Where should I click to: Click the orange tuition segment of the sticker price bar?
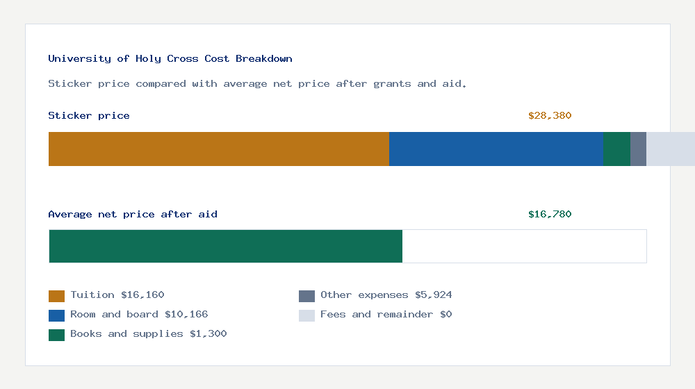[x=218, y=149]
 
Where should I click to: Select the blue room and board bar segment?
[x=496, y=149]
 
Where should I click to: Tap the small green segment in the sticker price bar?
[x=616, y=149]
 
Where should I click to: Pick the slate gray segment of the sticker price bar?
[x=638, y=149]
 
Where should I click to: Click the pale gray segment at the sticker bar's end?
[x=671, y=149]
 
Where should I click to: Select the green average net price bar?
[x=225, y=246]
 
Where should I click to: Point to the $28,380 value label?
[x=550, y=116]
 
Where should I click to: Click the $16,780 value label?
[x=550, y=215]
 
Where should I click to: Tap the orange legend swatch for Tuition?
[x=56, y=296]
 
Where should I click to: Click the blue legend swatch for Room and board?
[x=56, y=315]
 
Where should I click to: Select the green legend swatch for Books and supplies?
[x=56, y=335]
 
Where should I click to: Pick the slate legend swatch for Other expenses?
[x=306, y=296]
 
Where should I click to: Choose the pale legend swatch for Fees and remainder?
[x=306, y=315]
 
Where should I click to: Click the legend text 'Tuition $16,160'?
[x=117, y=295]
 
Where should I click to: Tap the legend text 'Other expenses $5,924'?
[x=386, y=295]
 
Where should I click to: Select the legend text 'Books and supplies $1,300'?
[x=149, y=334]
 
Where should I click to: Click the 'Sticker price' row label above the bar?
[x=89, y=116]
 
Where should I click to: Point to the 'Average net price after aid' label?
[x=133, y=215]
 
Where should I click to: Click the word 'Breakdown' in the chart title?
[x=264, y=59]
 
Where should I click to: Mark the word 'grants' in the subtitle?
[x=392, y=84]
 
